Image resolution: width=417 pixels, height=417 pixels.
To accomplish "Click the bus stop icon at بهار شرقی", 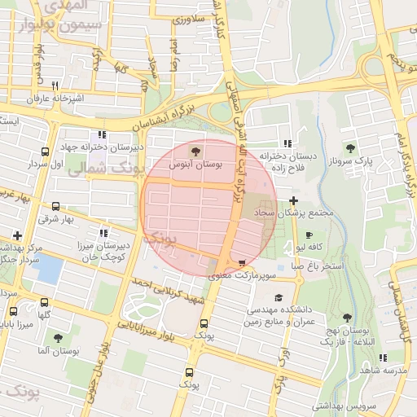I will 55,207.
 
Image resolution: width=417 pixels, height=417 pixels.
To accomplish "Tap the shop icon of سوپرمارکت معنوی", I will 242,262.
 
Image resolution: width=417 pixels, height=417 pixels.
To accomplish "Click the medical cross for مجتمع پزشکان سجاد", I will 293,200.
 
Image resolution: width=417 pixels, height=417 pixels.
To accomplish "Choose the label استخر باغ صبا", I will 318,266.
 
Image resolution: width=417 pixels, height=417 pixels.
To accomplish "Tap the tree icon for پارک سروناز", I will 350,148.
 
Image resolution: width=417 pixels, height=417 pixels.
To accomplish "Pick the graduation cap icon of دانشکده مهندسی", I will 279,298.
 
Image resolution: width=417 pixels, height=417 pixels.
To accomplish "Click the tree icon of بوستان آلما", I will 57,337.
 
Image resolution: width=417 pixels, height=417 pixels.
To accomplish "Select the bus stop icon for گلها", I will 44,301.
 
